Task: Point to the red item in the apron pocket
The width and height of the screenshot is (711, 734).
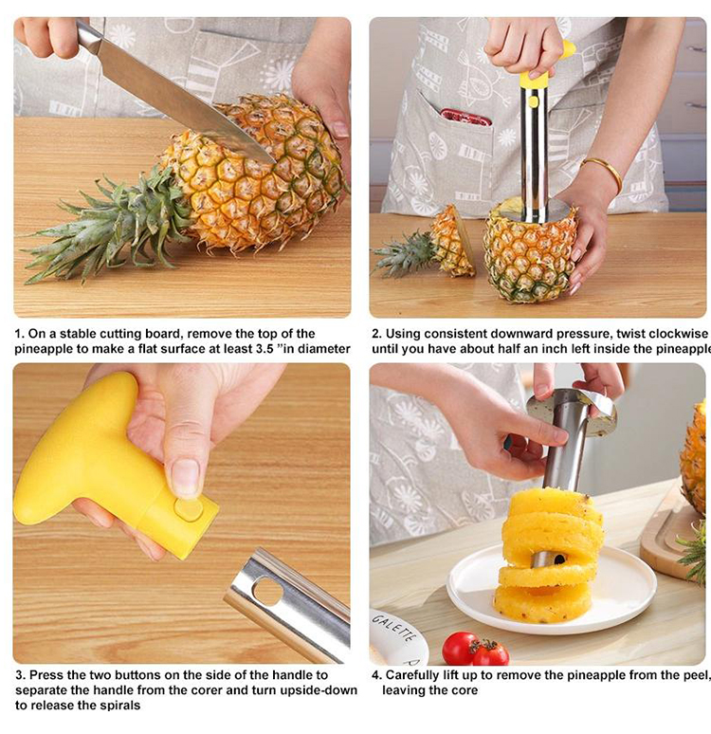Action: click(465, 118)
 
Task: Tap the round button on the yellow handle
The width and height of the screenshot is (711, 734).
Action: click(189, 509)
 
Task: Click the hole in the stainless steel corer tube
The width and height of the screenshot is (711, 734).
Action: click(268, 593)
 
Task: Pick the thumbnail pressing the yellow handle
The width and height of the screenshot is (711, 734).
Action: click(185, 477)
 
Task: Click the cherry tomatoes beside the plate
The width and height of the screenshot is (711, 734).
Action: click(474, 650)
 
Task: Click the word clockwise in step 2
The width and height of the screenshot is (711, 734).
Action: click(675, 334)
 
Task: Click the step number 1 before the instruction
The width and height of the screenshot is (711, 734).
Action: click(18, 334)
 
